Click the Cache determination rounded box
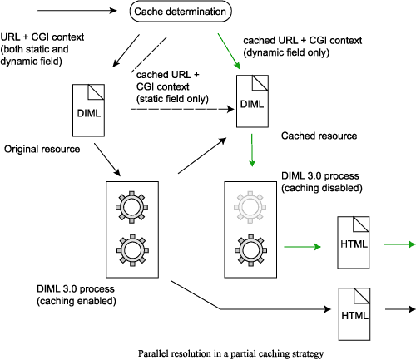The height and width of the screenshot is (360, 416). (x=181, y=12)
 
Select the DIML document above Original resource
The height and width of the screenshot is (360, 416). (x=88, y=111)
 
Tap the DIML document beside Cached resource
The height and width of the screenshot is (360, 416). (x=252, y=101)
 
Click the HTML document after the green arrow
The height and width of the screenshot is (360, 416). (x=354, y=243)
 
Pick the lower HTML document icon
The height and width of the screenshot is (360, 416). (x=354, y=314)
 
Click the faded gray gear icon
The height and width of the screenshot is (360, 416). (x=250, y=207)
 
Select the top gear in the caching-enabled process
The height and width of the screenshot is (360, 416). (x=131, y=207)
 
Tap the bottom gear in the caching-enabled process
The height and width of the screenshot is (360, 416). (x=132, y=250)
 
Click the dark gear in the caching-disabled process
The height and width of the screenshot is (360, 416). (x=251, y=250)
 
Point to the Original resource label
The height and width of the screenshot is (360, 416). (x=42, y=149)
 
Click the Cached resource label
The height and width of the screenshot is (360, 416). (x=319, y=136)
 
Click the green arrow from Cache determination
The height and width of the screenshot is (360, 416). (x=229, y=52)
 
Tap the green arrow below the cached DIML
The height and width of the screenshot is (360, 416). (x=252, y=150)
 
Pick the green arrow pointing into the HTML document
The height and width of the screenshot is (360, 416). (x=302, y=247)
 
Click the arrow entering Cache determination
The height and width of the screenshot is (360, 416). (x=77, y=11)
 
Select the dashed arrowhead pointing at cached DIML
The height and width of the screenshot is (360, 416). (x=230, y=109)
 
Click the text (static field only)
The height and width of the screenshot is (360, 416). (x=172, y=99)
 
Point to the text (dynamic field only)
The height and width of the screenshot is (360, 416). (x=286, y=52)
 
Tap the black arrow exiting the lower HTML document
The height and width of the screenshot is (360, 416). (x=400, y=309)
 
